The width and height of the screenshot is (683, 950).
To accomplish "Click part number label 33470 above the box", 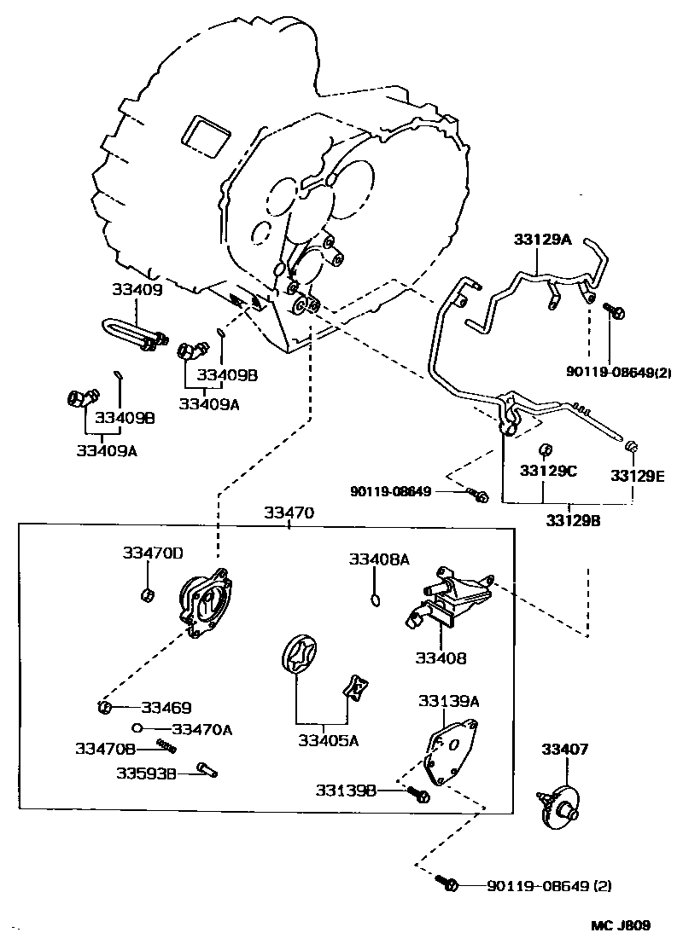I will point(289,513).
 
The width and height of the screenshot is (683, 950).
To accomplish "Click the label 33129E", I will point(636,475).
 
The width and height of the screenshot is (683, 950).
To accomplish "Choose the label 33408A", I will point(378,559).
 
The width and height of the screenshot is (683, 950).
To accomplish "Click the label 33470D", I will point(152,553).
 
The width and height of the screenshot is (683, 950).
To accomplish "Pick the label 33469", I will point(166,707).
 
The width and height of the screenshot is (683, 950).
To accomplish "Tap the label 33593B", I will point(146,773).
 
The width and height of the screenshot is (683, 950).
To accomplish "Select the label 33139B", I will point(346,791).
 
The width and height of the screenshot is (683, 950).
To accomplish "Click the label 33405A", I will point(328,740).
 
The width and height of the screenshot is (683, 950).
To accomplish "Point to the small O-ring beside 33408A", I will point(375,602).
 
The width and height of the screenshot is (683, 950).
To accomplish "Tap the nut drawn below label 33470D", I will point(146,594).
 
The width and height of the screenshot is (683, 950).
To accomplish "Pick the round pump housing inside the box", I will point(205,601).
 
